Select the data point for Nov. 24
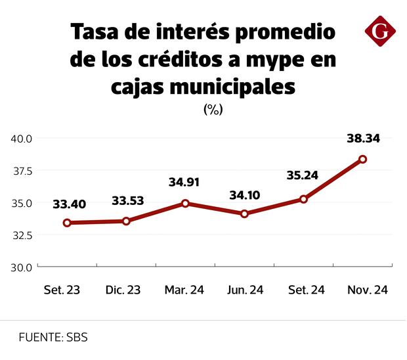point(362,159)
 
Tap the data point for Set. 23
point(67,223)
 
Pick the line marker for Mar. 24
point(185,204)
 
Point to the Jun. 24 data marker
point(244,214)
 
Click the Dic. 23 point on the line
point(126,221)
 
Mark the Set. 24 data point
point(303,199)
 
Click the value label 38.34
point(363,139)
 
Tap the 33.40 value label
point(69,204)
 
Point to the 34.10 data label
point(245,195)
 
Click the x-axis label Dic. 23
point(123,290)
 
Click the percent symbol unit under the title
point(213,110)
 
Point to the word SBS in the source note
point(76,338)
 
